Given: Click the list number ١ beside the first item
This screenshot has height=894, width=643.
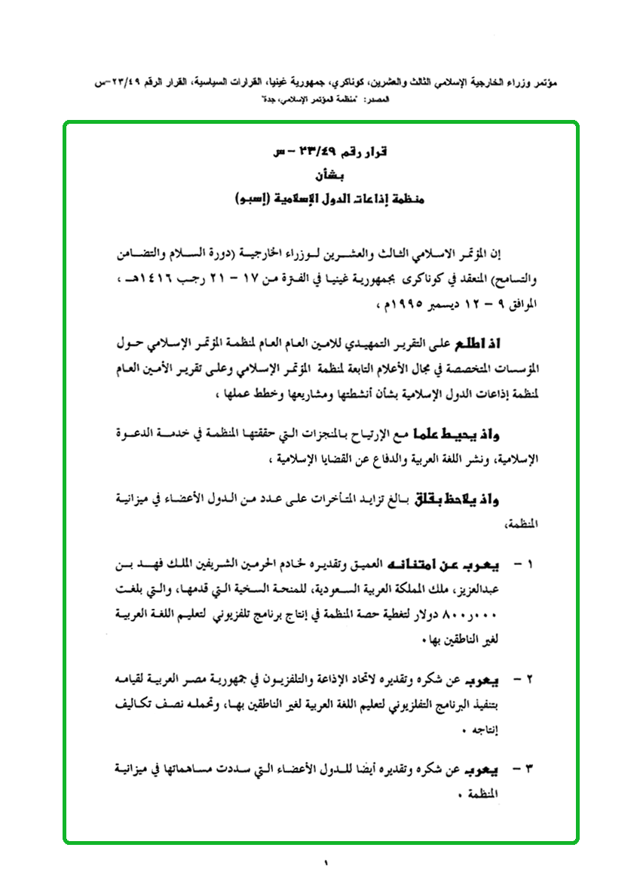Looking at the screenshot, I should [x=527, y=564].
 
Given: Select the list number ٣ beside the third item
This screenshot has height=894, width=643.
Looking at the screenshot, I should [x=527, y=770].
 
